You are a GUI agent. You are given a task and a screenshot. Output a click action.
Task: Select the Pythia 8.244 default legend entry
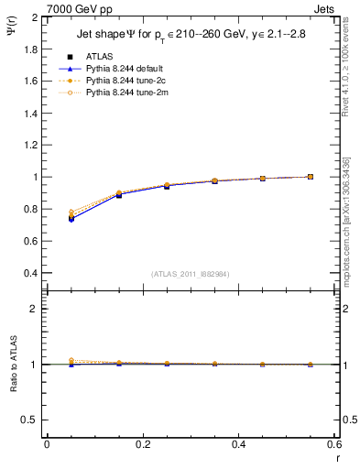coord(124,69)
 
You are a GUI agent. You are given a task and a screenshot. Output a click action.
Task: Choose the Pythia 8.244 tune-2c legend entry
coord(124,81)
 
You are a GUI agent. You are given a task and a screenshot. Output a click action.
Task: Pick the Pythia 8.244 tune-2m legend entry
coord(124,93)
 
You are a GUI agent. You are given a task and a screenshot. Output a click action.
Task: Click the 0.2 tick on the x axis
coord(143,444)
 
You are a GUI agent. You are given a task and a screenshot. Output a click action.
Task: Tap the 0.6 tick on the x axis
coord(334,444)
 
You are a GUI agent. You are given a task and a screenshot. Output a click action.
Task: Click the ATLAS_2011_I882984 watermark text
coord(191,274)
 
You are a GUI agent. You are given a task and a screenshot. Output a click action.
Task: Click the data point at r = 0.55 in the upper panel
coord(311,177)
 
